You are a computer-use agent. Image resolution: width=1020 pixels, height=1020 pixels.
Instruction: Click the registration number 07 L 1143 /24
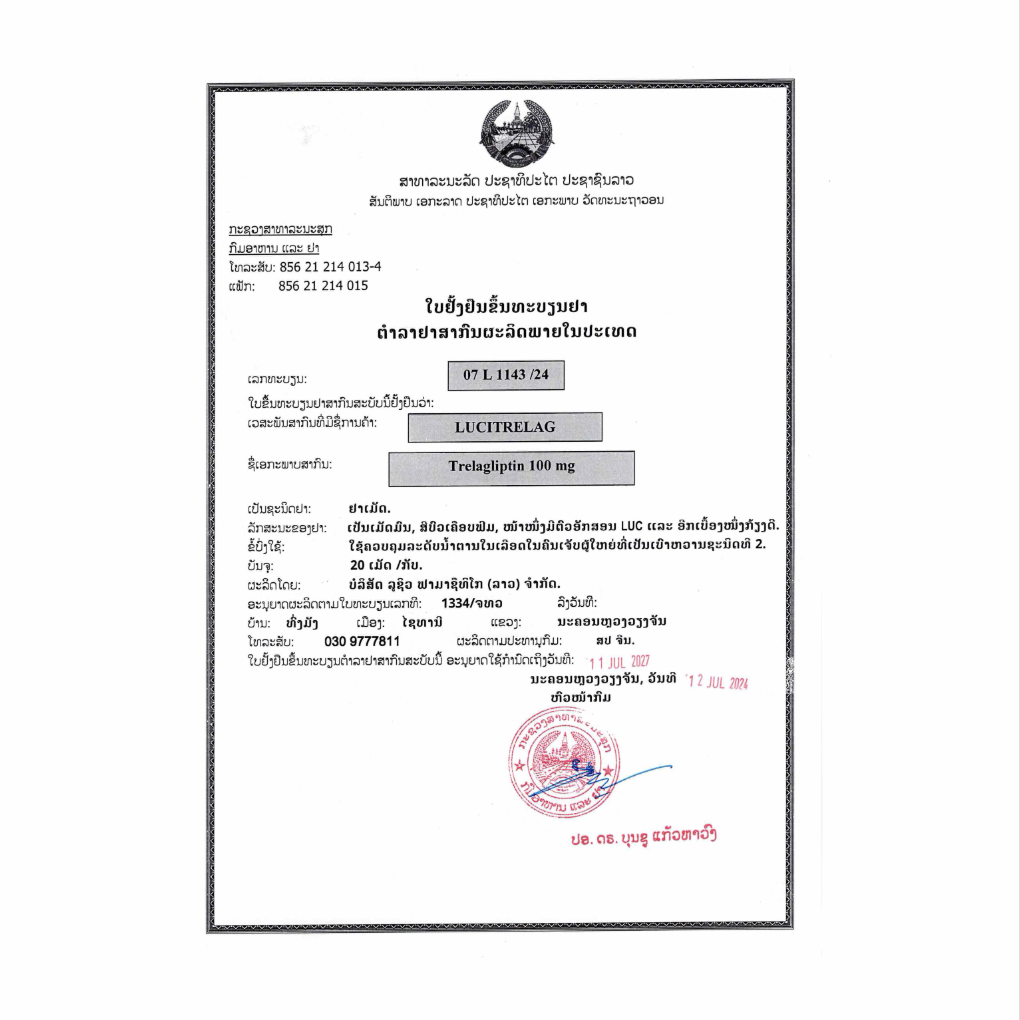pos(507,376)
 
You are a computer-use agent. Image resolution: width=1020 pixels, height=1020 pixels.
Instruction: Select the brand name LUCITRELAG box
pos(505,427)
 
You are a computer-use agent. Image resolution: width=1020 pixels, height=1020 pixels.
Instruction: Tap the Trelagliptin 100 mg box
pos(511,467)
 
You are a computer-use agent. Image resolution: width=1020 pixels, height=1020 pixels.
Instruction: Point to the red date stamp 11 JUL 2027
pos(619,661)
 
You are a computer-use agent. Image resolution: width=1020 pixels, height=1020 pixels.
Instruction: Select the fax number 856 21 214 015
pos(323,285)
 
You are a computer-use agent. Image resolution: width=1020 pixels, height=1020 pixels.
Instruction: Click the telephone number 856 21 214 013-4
pos(330,267)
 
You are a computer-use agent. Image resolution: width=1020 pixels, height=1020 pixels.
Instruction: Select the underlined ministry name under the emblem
pos(281,229)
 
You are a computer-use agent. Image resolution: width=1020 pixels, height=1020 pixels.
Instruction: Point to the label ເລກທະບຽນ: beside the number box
pos(276,380)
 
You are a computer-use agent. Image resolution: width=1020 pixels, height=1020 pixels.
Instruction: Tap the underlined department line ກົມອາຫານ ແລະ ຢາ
pos(273,247)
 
